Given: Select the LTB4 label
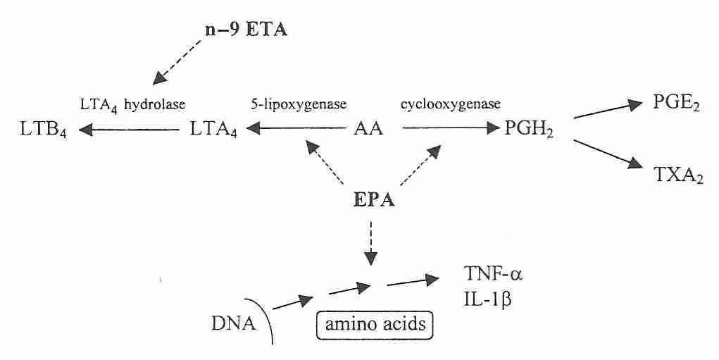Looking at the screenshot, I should [x=44, y=131].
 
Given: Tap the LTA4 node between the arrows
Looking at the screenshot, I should [x=214, y=131].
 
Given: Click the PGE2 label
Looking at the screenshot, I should [x=675, y=106].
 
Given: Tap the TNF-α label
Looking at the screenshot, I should [x=489, y=273].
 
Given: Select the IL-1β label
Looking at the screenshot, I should [x=486, y=299].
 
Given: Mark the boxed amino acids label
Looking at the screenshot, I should [x=373, y=325].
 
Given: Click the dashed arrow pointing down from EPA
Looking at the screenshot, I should [x=371, y=243].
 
